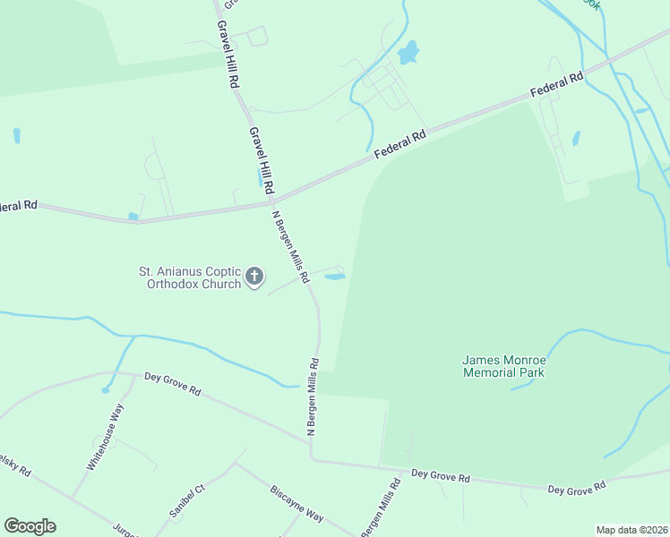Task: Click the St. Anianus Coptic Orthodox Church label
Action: [189, 277]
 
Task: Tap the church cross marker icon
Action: [254, 277]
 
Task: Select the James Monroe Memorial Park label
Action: [503, 366]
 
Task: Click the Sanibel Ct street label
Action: [187, 501]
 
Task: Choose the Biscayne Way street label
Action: [296, 505]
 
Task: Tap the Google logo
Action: [30, 526]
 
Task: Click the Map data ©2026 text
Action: [631, 530]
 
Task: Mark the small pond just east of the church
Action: [334, 277]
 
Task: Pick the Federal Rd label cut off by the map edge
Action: [18, 205]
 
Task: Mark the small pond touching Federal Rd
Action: [133, 216]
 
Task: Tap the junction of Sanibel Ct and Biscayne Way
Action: [235, 465]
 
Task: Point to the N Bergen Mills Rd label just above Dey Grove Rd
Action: [314, 396]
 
